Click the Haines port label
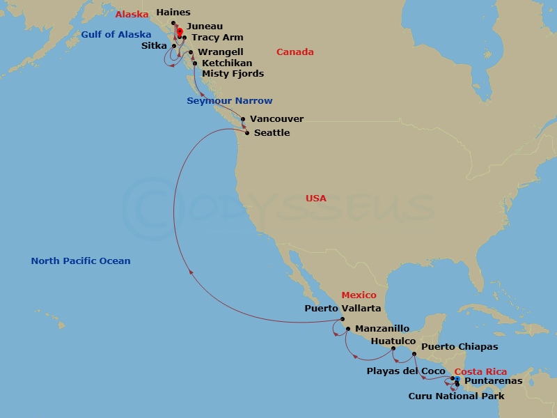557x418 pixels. (173, 13)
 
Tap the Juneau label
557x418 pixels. (205, 26)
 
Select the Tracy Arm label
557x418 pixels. (217, 38)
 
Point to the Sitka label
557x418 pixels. (153, 46)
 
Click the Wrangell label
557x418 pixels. (220, 52)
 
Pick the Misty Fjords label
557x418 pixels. (233, 74)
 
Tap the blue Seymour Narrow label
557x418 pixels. (229, 101)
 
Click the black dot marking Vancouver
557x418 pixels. (243, 119)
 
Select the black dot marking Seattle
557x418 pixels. (247, 132)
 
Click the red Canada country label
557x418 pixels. (295, 52)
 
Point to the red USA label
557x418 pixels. (315, 199)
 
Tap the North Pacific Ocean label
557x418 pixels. (80, 261)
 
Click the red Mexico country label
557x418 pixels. (359, 295)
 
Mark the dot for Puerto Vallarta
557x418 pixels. (343, 319)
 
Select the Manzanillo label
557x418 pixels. (379, 328)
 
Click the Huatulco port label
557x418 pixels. (393, 341)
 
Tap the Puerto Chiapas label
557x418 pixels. (460, 346)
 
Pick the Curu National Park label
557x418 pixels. (456, 396)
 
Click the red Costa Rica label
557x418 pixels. (480, 372)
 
